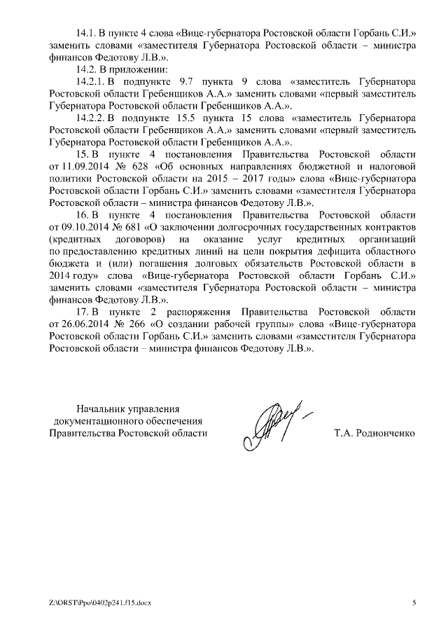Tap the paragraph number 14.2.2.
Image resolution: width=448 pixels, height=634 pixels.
(x=90, y=118)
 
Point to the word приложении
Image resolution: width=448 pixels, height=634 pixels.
(x=139, y=69)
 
